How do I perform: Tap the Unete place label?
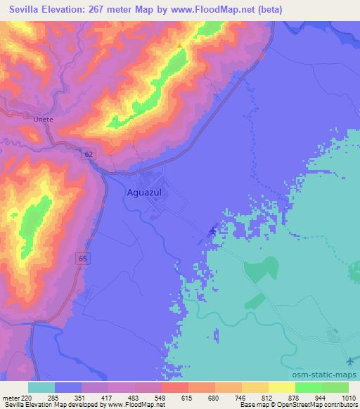(x=43, y=119)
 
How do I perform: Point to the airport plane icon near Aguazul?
(x=214, y=230)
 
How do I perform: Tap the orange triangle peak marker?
(x=180, y=46)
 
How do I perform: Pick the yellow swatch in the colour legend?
(x=281, y=387)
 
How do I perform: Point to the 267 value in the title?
(x=96, y=9)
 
